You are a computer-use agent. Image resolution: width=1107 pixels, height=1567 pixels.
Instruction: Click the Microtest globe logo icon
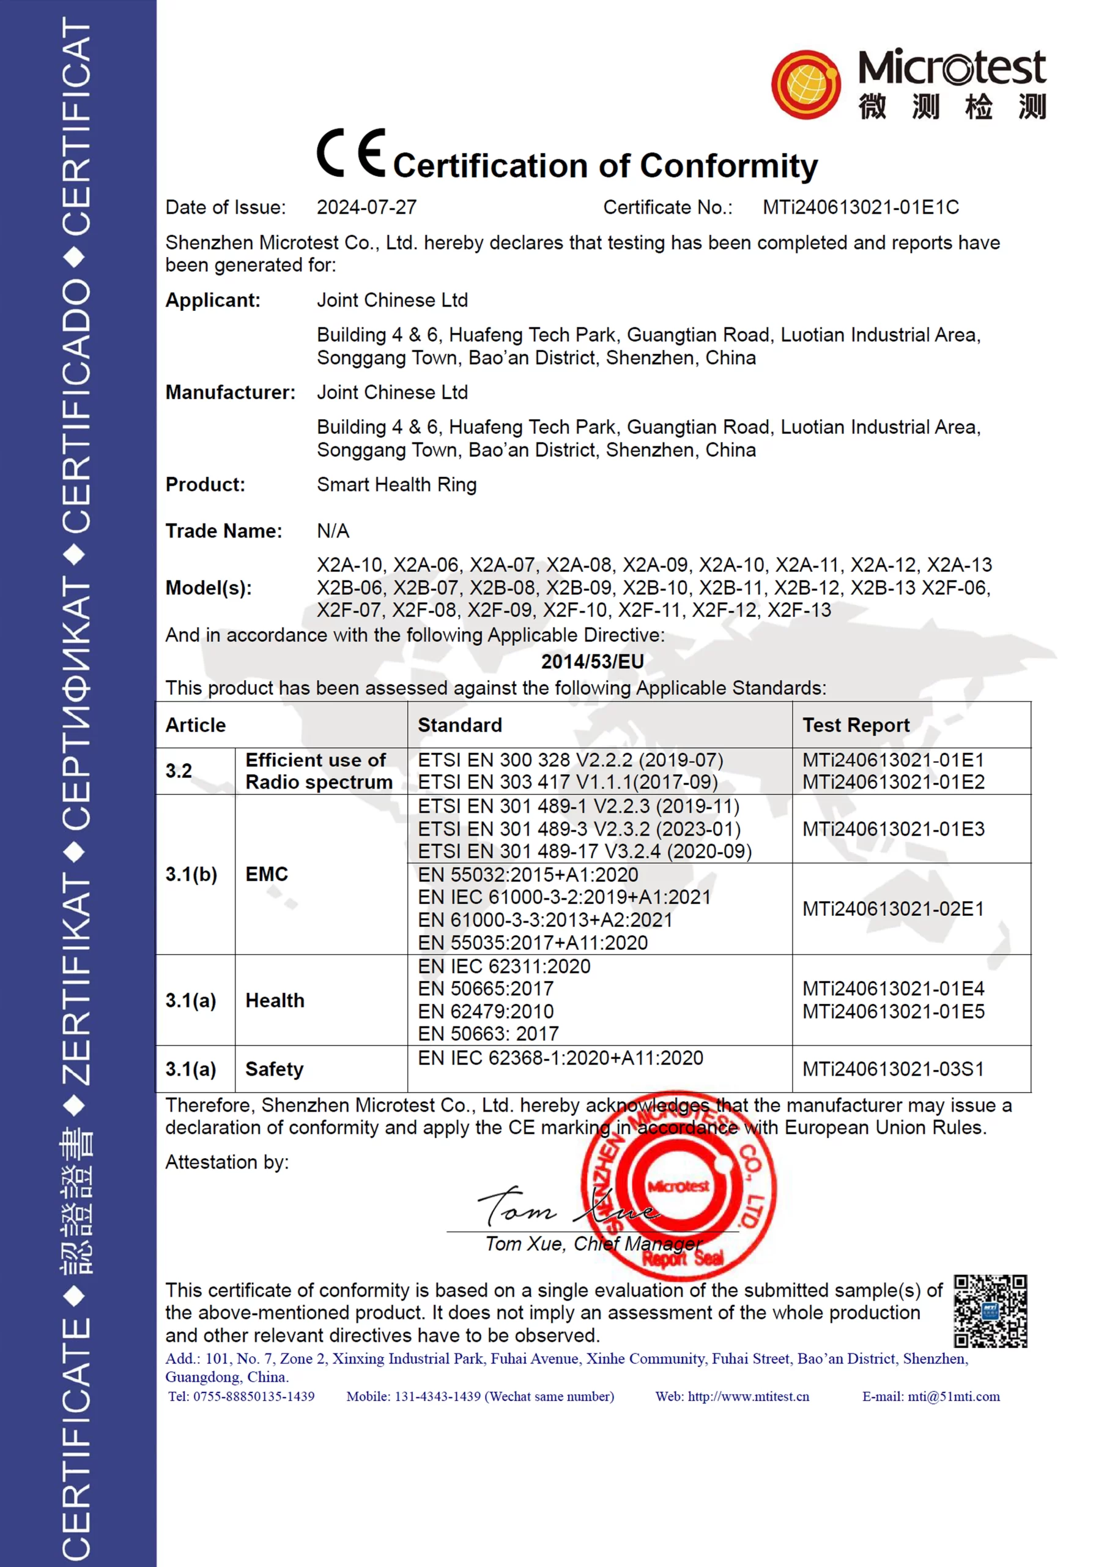pyautogui.click(x=805, y=84)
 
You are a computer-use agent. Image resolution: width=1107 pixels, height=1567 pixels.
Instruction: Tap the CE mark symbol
pyautogui.click(x=350, y=153)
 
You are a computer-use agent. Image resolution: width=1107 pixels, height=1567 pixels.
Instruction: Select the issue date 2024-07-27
pyautogui.click(x=366, y=208)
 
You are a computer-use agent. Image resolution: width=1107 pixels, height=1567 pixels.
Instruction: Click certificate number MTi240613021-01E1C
pyautogui.click(x=860, y=208)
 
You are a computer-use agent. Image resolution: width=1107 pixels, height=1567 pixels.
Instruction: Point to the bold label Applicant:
pyautogui.click(x=213, y=301)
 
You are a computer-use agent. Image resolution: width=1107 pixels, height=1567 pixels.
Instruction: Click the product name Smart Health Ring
pyautogui.click(x=396, y=485)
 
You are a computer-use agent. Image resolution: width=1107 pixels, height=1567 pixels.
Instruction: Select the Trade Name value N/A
pyautogui.click(x=333, y=531)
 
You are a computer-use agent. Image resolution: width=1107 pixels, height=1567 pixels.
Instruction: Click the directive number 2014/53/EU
pyautogui.click(x=592, y=661)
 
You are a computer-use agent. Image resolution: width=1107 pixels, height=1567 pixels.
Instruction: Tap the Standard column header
pyautogui.click(x=460, y=725)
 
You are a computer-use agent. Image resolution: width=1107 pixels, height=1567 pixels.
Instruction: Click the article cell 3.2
pyautogui.click(x=179, y=771)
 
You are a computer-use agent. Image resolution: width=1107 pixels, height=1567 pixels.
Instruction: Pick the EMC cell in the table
pyautogui.click(x=267, y=874)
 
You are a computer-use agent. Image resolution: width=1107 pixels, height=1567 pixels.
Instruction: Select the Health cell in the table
pyautogui.click(x=275, y=1001)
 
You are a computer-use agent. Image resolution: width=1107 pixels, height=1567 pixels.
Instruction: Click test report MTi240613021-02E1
pyautogui.click(x=893, y=909)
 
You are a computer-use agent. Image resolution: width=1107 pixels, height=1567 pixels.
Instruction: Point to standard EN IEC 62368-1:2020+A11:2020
pyautogui.click(x=560, y=1058)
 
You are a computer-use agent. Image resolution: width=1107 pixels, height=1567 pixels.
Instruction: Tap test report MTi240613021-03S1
pyautogui.click(x=893, y=1069)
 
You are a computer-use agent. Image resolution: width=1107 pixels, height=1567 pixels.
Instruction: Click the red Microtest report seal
pyautogui.click(x=679, y=1187)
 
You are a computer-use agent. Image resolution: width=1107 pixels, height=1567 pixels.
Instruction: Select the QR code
pyautogui.click(x=990, y=1311)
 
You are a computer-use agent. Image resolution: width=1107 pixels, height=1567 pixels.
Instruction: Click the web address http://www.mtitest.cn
pyautogui.click(x=748, y=1396)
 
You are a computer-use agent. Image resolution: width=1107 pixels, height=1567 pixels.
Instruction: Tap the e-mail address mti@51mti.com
pyautogui.click(x=953, y=1396)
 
